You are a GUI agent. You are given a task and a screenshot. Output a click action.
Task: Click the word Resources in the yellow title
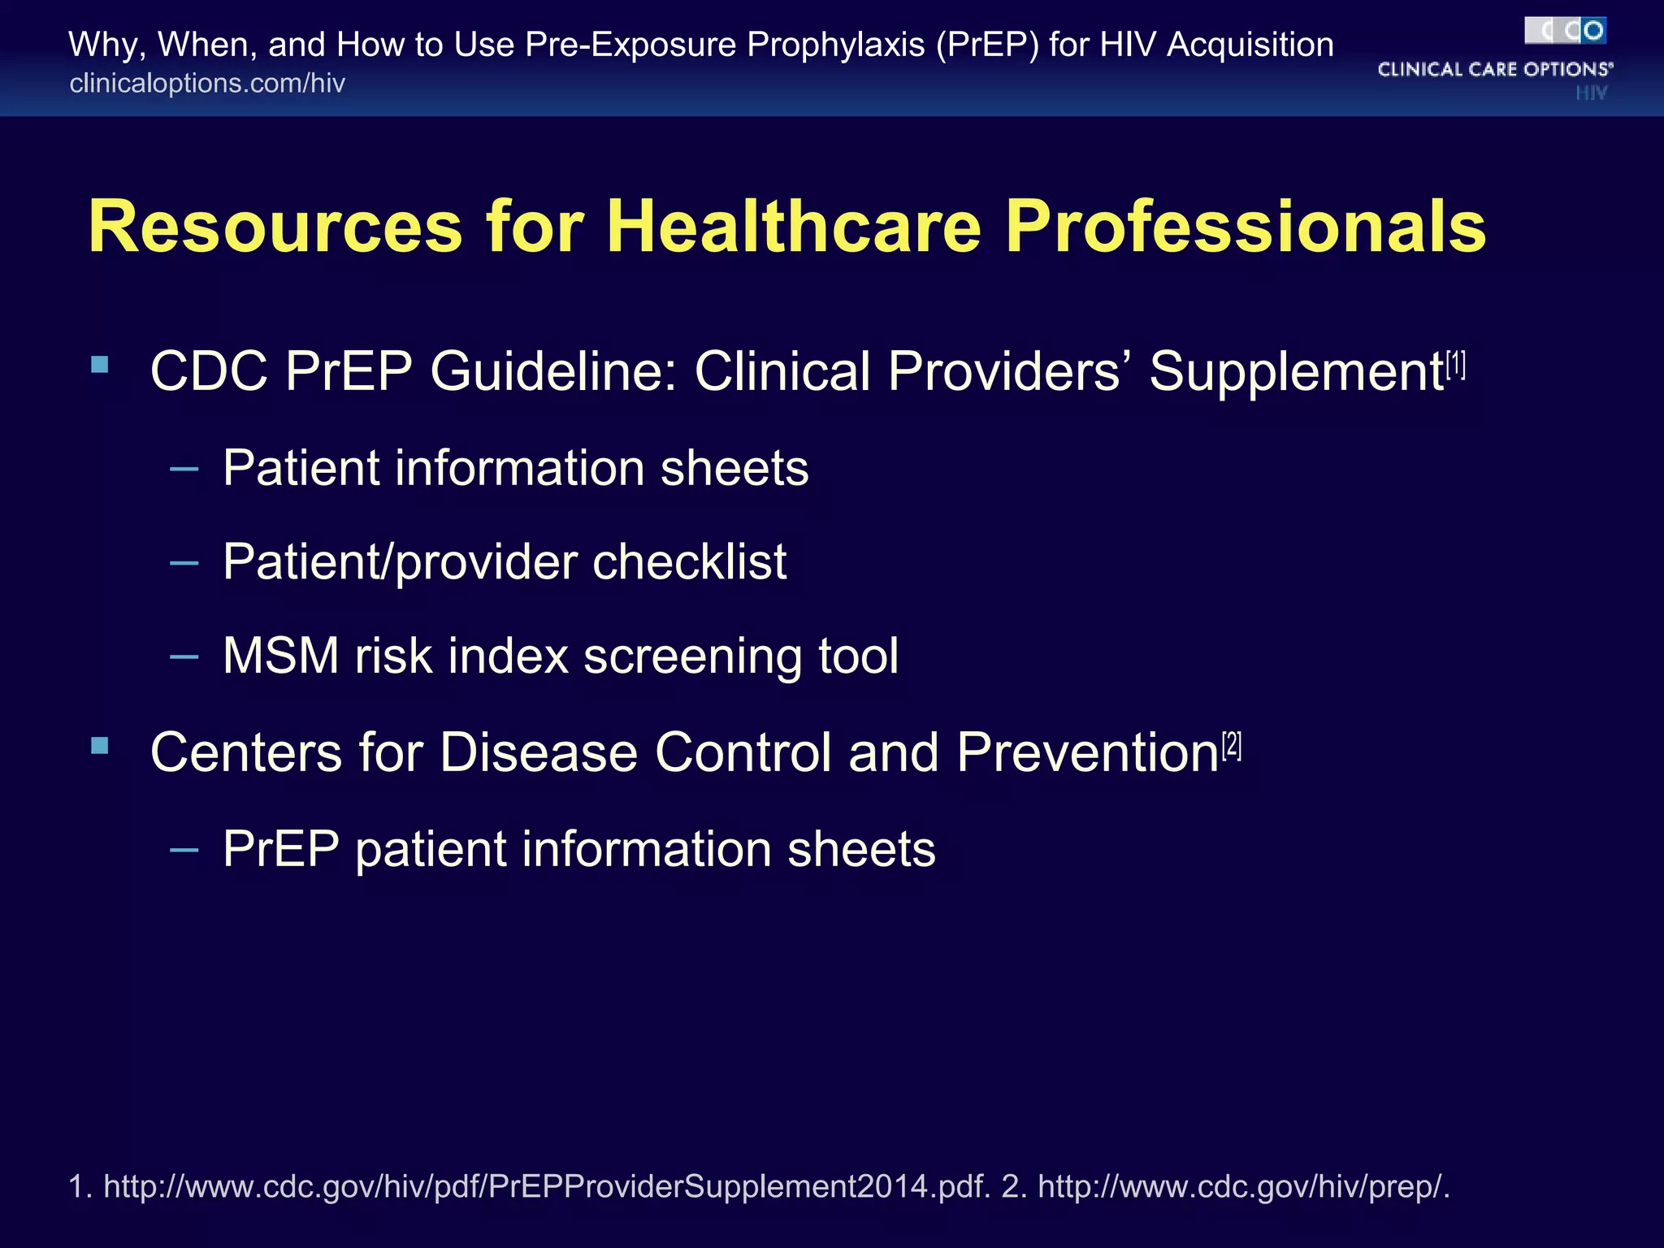coord(275,227)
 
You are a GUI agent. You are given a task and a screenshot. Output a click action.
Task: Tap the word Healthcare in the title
coord(794,227)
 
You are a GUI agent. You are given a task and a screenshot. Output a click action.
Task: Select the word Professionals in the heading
coord(1246,227)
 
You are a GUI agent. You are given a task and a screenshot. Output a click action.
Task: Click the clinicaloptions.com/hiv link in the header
coord(207,83)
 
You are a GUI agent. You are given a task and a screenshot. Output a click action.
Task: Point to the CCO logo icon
coord(1565,31)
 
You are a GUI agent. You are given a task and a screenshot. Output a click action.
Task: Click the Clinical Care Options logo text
coord(1494,70)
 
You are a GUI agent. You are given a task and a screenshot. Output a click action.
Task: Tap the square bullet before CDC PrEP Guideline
coord(100,364)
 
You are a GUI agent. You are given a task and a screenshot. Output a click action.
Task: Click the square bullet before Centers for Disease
coord(100,745)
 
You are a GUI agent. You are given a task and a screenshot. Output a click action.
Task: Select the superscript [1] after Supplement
coord(1456,365)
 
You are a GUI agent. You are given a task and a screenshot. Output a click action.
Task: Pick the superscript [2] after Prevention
coord(1232,745)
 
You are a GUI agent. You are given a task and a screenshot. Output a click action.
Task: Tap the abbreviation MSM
coord(281,656)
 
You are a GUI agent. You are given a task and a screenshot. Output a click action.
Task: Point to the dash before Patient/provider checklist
coord(184,562)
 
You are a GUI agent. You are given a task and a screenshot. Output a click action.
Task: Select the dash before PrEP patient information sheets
coord(184,850)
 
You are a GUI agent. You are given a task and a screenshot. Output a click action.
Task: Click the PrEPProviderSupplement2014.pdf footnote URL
coord(547,1187)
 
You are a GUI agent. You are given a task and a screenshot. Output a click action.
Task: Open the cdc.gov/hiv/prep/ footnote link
coord(1243,1187)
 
